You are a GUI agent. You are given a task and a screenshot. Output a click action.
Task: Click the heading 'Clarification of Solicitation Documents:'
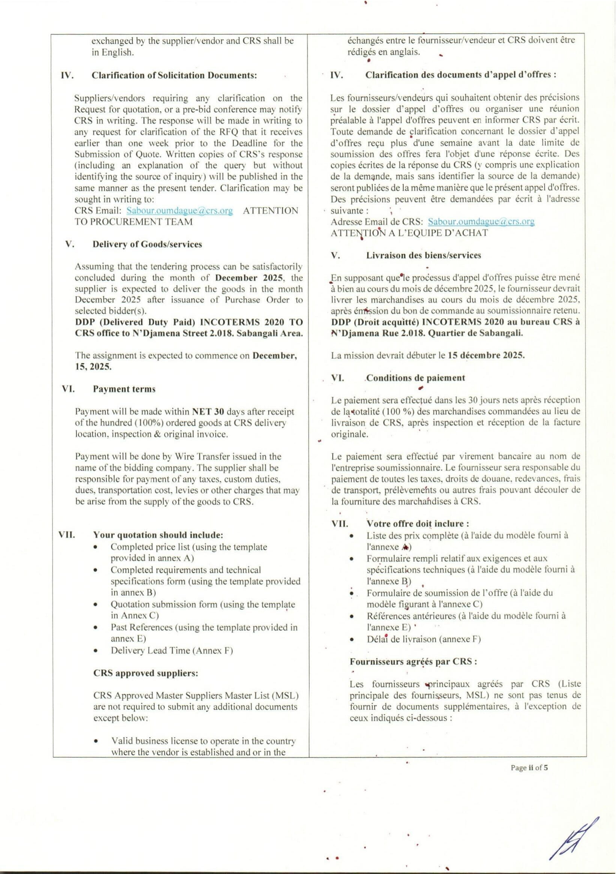(x=174, y=75)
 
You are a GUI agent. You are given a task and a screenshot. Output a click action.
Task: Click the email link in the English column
(x=179, y=210)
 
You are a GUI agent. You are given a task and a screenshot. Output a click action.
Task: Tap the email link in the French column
(x=481, y=222)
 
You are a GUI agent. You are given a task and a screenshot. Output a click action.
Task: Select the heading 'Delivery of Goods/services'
(x=147, y=244)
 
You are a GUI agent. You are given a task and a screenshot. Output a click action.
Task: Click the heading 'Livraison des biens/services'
(x=423, y=255)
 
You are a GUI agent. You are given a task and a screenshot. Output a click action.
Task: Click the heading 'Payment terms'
(x=124, y=389)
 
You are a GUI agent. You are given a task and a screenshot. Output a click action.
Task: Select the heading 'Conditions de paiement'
(x=415, y=378)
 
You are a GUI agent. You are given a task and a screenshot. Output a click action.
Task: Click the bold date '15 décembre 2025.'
(x=486, y=355)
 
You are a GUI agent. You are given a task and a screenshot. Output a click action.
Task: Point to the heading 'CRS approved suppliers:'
(x=146, y=673)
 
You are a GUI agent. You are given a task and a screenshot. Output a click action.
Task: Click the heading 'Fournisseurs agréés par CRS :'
(x=413, y=661)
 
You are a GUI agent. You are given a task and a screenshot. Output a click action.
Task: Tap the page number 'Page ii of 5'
(x=529, y=768)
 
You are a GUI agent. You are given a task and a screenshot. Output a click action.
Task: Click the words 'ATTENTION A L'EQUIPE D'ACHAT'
(x=409, y=233)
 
